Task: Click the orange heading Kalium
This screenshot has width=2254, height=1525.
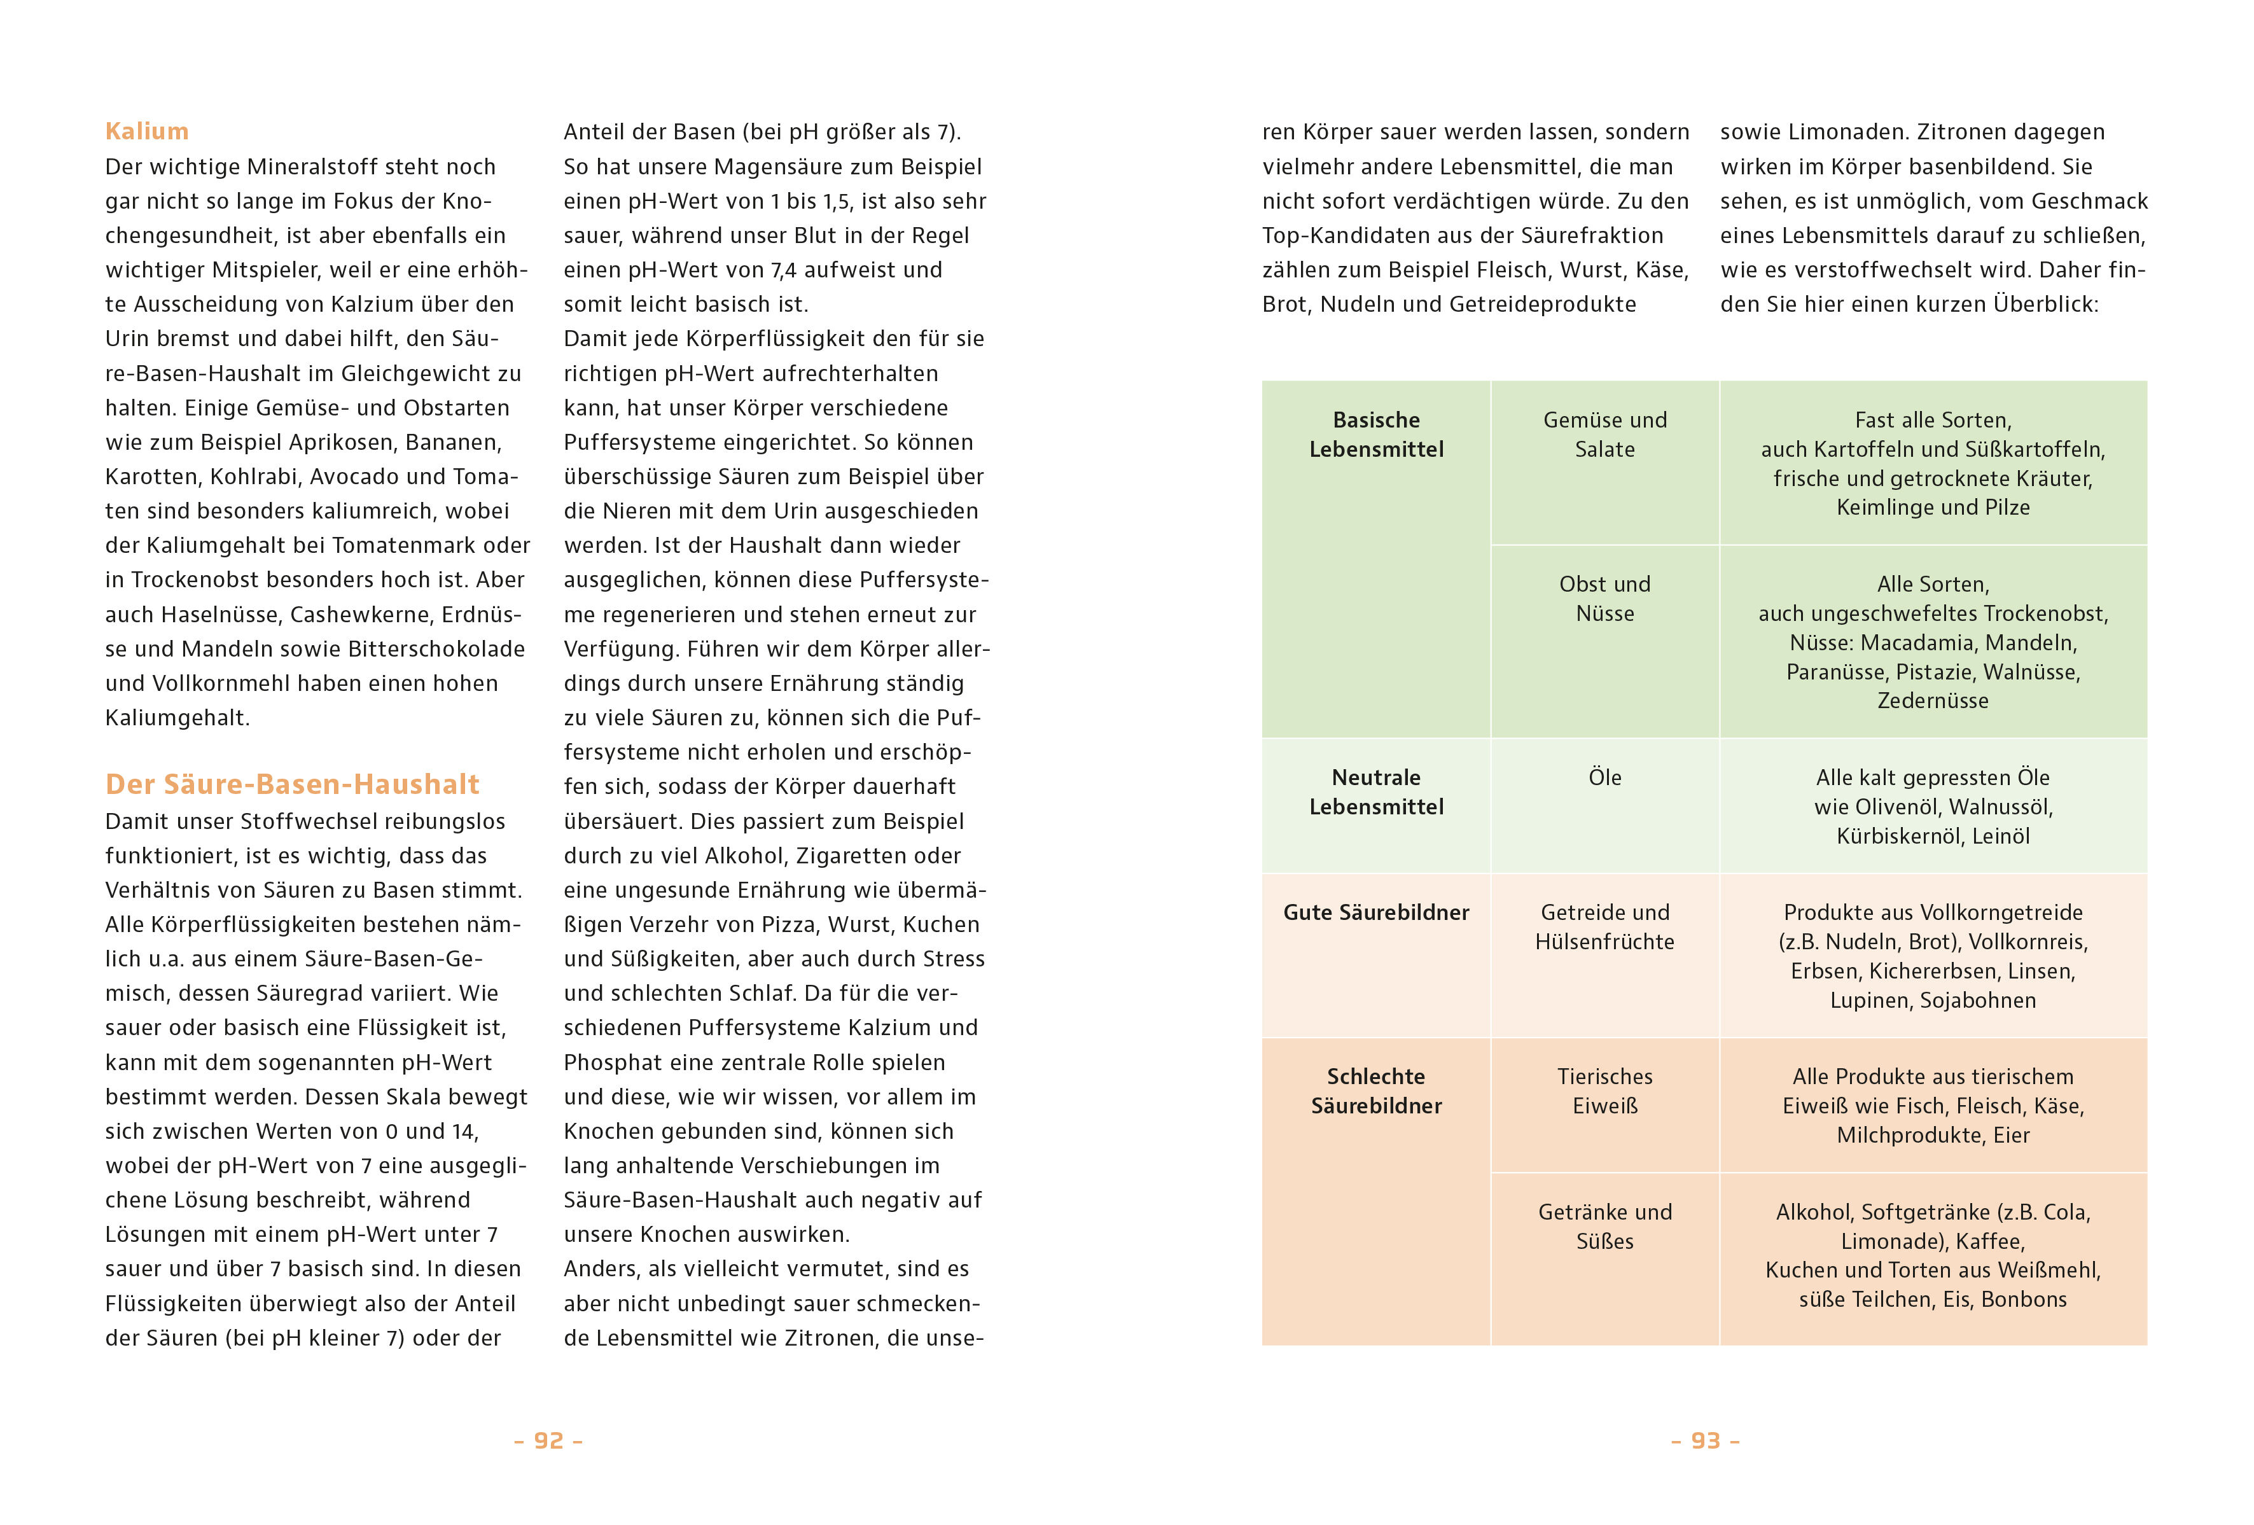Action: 146,131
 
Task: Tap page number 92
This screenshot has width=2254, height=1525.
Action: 548,1440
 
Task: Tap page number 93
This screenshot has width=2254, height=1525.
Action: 1705,1440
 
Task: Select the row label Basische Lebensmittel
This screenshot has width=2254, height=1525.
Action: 1375,435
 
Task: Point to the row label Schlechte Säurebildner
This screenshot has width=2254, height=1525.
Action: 1375,1090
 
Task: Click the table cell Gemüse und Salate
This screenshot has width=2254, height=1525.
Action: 1604,435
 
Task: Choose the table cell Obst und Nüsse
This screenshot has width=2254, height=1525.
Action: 1604,599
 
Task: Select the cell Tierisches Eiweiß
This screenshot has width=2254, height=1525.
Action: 1604,1090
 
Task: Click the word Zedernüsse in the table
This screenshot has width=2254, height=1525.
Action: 1932,700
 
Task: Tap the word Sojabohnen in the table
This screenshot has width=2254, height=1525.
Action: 1978,1000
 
